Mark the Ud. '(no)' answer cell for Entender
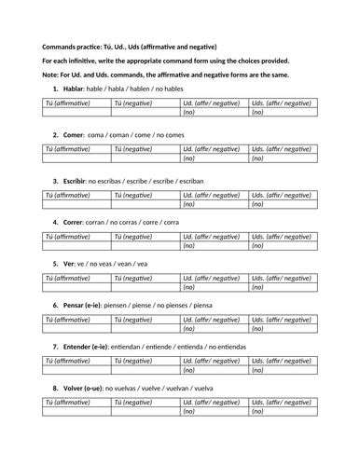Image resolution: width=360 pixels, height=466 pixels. [x=215, y=370]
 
